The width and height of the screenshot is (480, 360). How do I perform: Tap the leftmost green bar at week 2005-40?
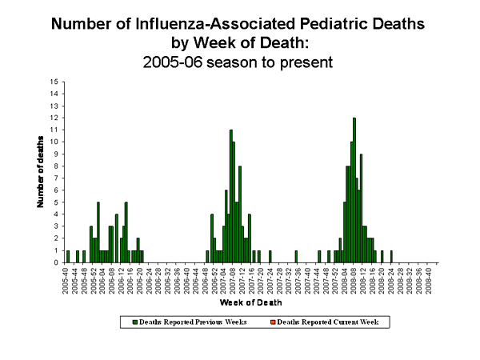coord(68,256)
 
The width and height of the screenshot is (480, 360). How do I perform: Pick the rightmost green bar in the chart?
coord(391,256)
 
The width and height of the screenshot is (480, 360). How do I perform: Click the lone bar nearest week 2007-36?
coord(296,256)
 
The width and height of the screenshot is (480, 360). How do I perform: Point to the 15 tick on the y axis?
coord(54,82)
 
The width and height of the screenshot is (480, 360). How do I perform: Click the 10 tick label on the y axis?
coord(54,142)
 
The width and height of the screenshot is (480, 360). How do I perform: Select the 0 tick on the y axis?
coord(55,262)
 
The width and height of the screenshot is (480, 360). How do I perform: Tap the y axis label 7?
coord(55,178)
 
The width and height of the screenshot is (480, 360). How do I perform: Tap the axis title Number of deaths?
coord(40,172)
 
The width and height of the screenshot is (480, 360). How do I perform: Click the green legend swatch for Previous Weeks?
coord(135,322)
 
